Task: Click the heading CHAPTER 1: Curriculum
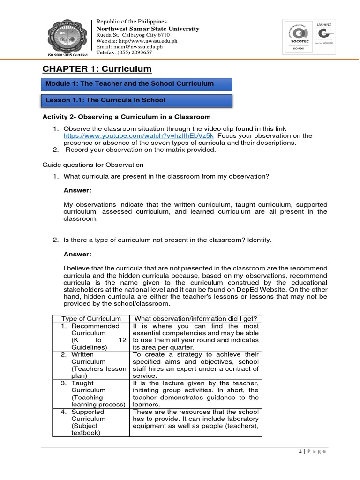(97, 69)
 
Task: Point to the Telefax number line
(124, 52)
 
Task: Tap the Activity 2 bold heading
(127, 117)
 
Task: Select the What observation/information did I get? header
(195, 319)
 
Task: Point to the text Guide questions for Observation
(93, 165)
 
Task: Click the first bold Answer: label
(77, 190)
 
